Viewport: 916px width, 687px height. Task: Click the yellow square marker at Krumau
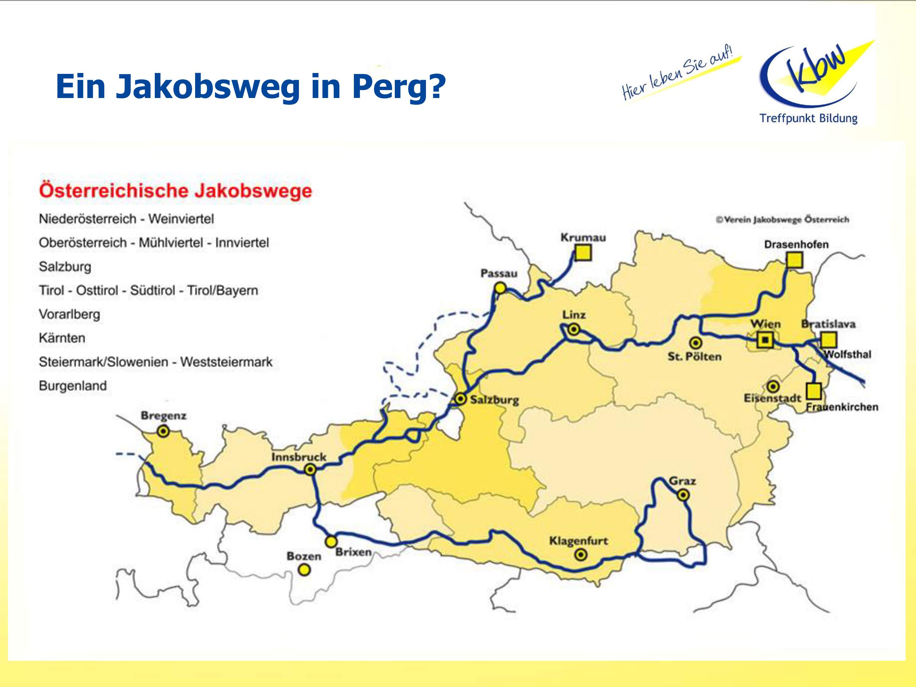(583, 253)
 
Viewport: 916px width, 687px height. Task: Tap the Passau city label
(499, 274)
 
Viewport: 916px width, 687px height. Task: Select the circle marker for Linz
(573, 330)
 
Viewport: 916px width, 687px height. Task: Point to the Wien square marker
(765, 340)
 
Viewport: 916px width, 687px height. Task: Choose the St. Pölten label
(694, 357)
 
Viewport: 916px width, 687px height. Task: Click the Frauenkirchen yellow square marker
(814, 391)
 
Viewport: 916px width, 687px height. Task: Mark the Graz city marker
(683, 495)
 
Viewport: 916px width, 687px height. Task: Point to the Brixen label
(353, 552)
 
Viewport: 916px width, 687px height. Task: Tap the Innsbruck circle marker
(310, 470)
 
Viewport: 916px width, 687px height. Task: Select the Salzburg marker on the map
(460, 399)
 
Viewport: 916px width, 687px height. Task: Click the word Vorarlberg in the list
(70, 314)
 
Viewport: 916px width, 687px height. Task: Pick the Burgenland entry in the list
(73, 386)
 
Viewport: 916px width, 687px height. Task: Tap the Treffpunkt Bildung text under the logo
(808, 119)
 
